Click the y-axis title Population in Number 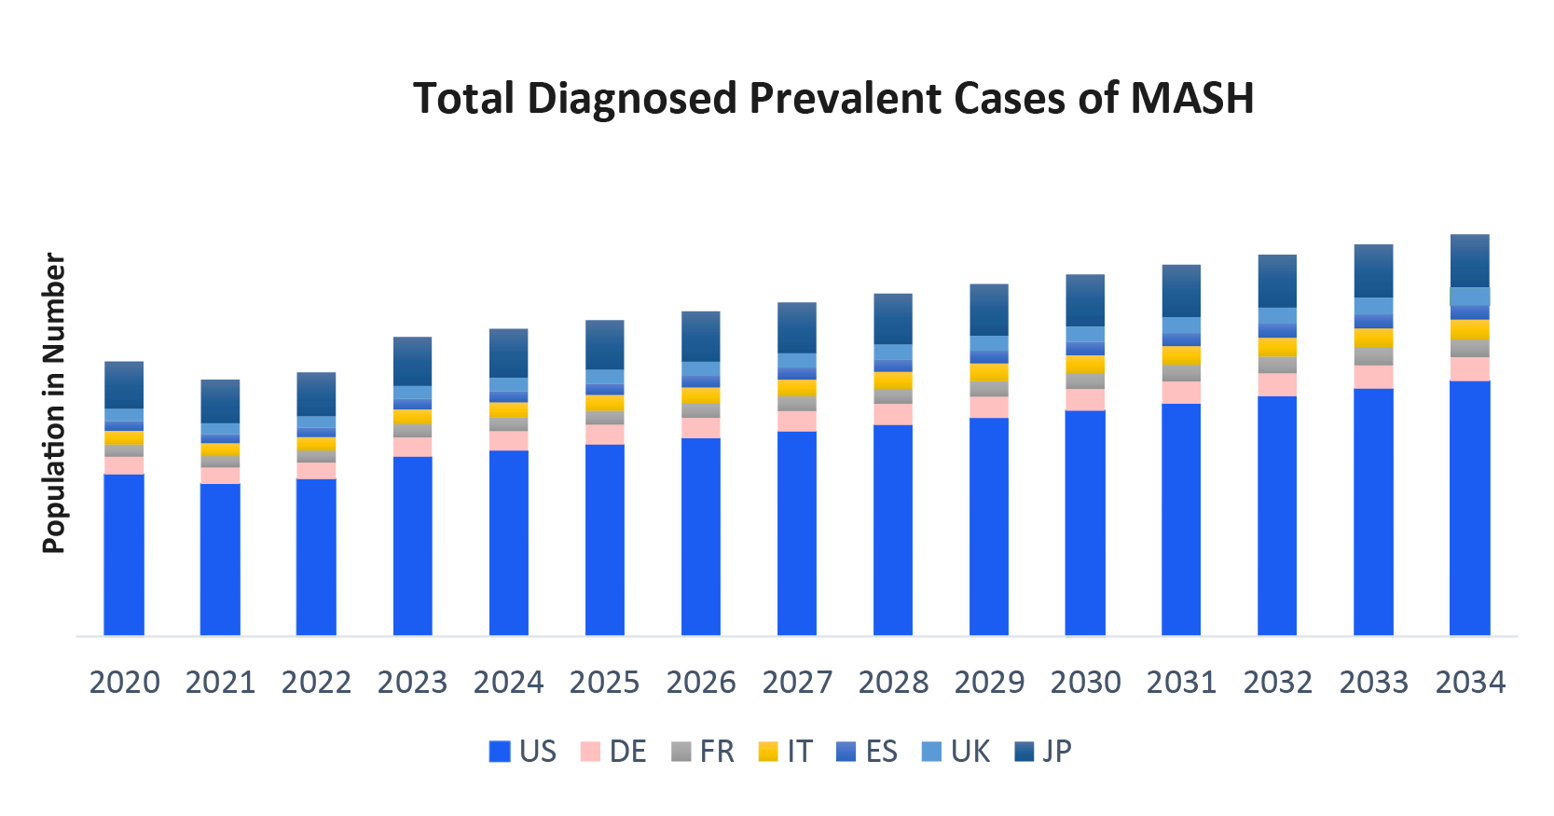[x=54, y=403]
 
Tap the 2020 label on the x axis [x=124, y=683]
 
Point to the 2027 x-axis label [x=797, y=683]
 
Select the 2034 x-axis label [x=1470, y=683]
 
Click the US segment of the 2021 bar [x=220, y=560]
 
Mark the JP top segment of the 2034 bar [x=1470, y=261]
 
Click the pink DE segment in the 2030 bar [x=1085, y=399]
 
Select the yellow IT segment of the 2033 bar [x=1373, y=338]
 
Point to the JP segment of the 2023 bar [x=412, y=361]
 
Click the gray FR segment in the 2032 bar [x=1277, y=365]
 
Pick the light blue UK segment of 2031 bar [x=1181, y=325]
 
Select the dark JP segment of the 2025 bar [x=605, y=344]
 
